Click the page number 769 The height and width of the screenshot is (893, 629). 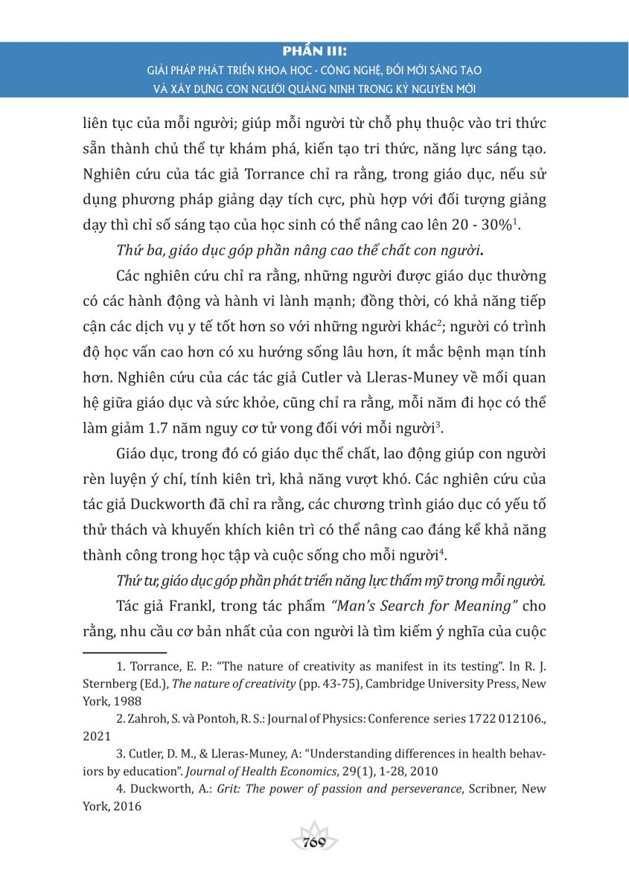pyautogui.click(x=314, y=842)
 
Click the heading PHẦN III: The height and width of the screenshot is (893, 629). pyautogui.click(x=314, y=51)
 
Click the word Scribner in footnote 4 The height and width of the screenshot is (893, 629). pyautogui.click(x=494, y=789)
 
